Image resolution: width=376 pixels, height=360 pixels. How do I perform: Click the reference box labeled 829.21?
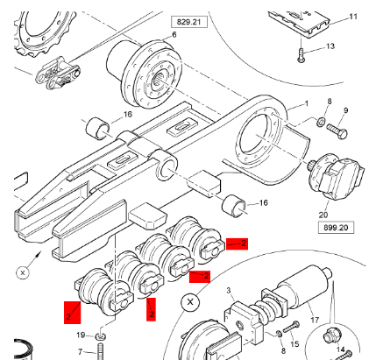tap(189, 22)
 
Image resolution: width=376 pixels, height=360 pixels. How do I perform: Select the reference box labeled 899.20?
tap(336, 228)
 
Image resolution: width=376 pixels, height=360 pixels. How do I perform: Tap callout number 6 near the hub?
tap(174, 35)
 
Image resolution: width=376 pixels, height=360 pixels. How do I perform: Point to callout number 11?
tap(353, 17)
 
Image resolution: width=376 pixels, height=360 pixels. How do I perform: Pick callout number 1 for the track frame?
tap(307, 103)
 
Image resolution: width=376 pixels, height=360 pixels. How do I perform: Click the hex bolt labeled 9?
tap(337, 131)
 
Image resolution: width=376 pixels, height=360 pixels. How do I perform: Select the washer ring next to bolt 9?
tap(321, 122)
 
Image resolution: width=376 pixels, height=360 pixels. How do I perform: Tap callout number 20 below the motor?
tap(323, 215)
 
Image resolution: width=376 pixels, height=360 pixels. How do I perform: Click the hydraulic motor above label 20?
tap(336, 177)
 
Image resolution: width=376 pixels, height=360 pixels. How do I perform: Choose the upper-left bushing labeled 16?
tap(97, 128)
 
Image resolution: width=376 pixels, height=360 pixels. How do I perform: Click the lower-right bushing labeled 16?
tap(234, 206)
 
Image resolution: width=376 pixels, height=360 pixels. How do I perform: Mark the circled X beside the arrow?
tap(23, 273)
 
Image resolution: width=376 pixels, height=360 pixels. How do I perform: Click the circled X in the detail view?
tap(190, 302)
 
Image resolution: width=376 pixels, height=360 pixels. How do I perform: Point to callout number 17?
tap(315, 320)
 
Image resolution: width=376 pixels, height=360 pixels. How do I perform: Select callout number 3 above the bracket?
tap(229, 290)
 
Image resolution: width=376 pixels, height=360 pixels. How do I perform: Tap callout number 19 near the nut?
tap(81, 335)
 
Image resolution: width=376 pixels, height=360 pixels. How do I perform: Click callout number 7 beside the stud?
tap(80, 352)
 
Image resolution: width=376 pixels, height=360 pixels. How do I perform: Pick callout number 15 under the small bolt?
tap(294, 344)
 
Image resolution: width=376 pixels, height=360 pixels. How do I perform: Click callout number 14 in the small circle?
tap(341, 349)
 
